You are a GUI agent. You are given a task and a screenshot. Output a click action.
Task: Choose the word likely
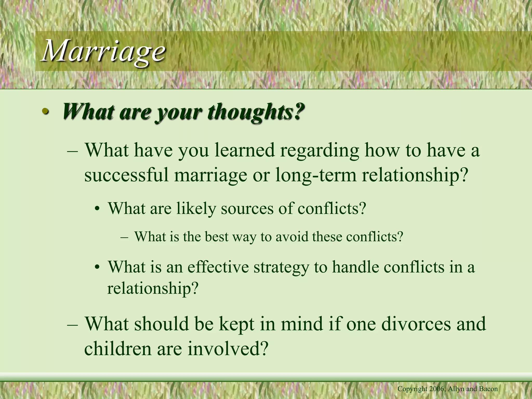tap(196, 208)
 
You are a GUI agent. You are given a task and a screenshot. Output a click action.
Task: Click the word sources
tap(247, 208)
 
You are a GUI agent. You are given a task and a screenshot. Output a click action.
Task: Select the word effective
tap(218, 267)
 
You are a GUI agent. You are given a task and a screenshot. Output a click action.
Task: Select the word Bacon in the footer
tap(489, 389)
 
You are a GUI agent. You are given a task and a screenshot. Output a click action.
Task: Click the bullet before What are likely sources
tap(97, 209)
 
